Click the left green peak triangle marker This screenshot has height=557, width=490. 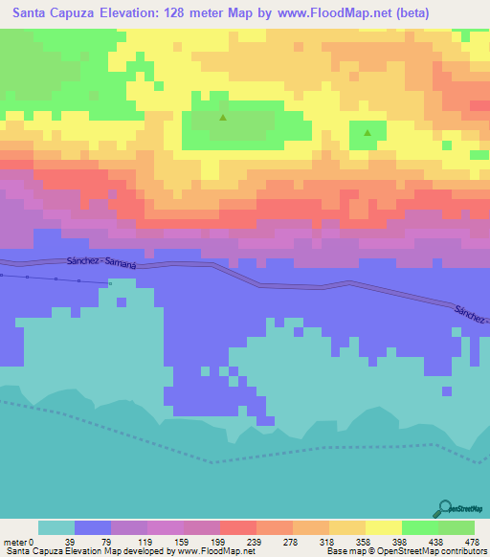(223, 119)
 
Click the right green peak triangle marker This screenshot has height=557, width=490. (368, 132)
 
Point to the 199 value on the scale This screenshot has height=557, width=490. (220, 542)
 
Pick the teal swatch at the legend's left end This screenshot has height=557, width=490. (56, 527)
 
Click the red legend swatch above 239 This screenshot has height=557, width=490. (238, 527)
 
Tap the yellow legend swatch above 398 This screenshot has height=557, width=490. (384, 527)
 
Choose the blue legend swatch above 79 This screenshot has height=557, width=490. (93, 527)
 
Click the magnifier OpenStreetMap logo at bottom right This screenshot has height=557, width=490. (443, 508)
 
